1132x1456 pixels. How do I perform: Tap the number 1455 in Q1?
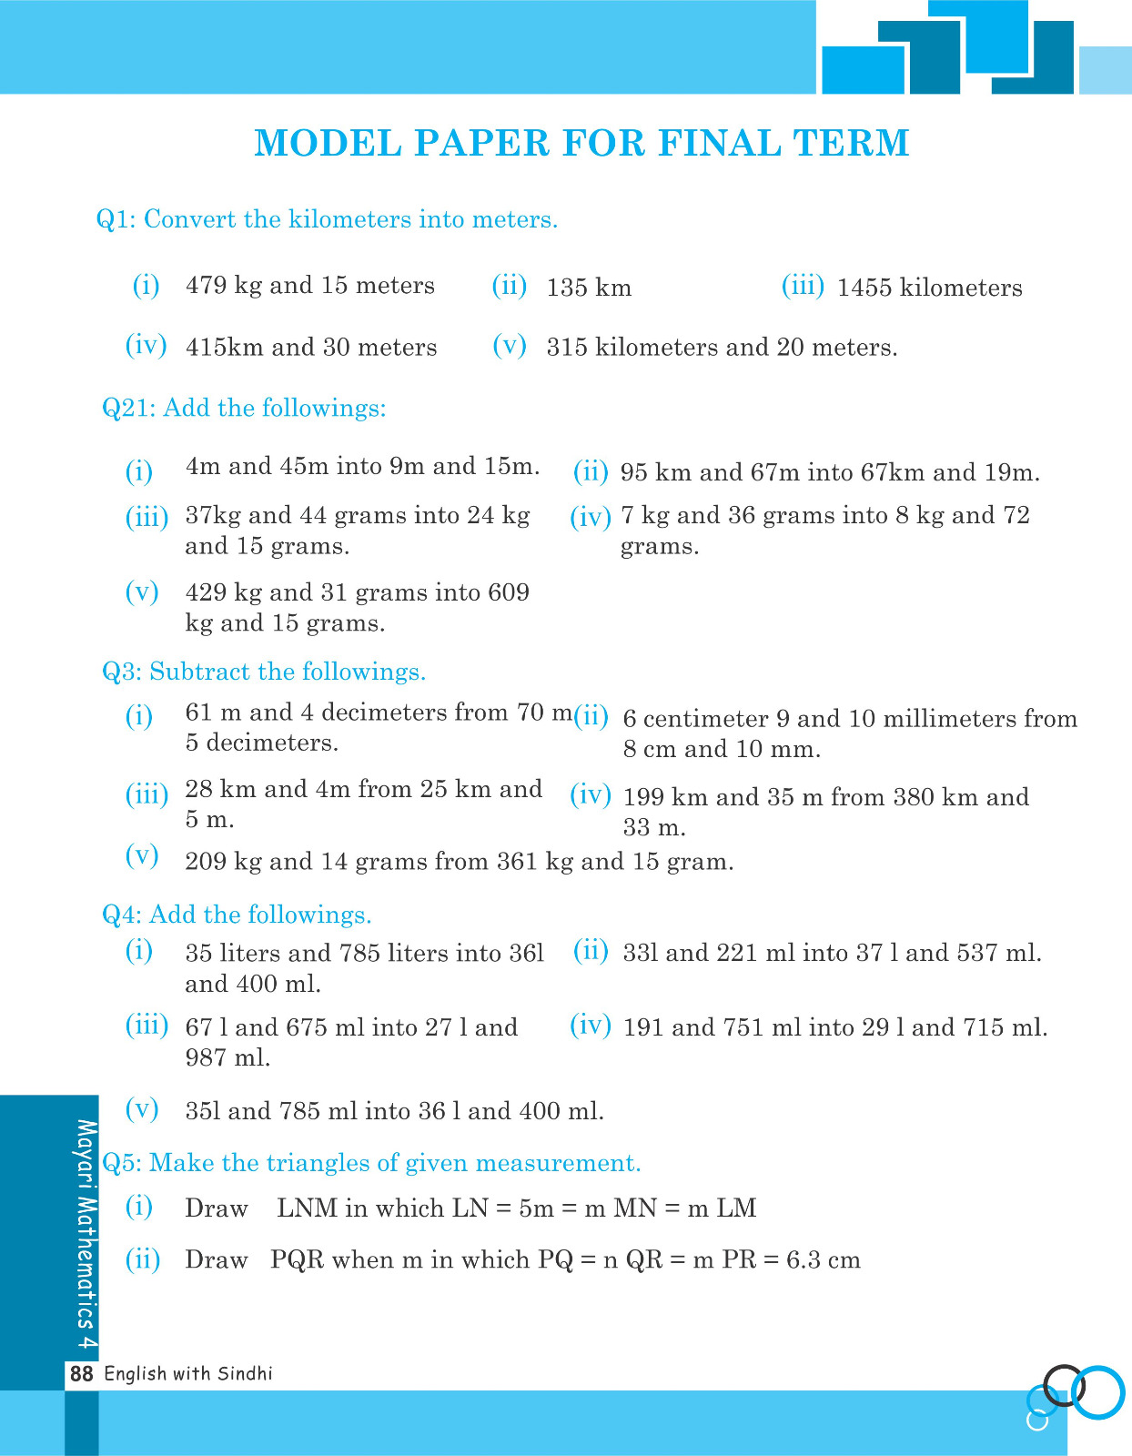(x=864, y=288)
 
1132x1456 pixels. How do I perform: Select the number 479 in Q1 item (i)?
(x=206, y=286)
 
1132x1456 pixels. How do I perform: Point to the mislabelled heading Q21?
(x=129, y=409)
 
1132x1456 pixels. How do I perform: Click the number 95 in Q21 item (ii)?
(x=633, y=473)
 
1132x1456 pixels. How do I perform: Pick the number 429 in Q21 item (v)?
(x=206, y=593)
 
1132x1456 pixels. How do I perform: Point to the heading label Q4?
(x=121, y=915)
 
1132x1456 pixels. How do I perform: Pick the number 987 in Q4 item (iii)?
(x=206, y=1058)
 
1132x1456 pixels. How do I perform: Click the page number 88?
(x=82, y=1374)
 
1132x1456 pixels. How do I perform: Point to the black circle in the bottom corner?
(x=1062, y=1385)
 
